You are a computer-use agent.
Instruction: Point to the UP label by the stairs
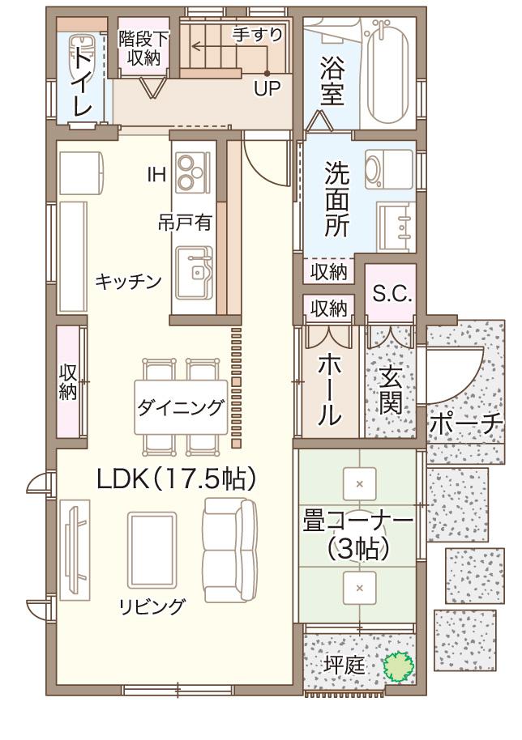(x=266, y=88)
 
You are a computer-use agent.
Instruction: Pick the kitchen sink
(x=195, y=271)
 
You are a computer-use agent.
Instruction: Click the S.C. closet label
(x=391, y=294)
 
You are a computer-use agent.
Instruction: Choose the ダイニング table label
(x=180, y=407)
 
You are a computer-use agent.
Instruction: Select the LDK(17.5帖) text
(x=177, y=479)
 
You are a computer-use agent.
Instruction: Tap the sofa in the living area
(x=229, y=551)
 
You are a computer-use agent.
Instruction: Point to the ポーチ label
(x=465, y=423)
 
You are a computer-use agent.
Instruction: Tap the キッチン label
(x=128, y=281)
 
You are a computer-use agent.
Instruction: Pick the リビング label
(x=152, y=606)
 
